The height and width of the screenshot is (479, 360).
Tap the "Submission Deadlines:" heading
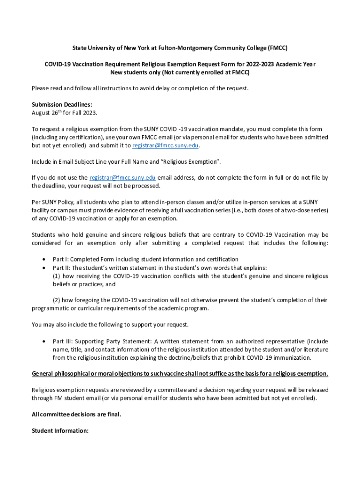(62, 105)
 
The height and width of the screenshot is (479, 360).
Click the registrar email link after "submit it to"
(166, 145)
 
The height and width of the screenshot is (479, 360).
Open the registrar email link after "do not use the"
(122, 178)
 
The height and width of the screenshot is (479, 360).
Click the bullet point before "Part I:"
(43, 259)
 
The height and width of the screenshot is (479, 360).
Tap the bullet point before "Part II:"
(43, 268)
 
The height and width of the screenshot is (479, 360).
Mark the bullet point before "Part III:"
(43, 341)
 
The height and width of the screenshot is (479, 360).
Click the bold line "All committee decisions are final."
(76, 414)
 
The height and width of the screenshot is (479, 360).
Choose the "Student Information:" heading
(60, 430)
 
